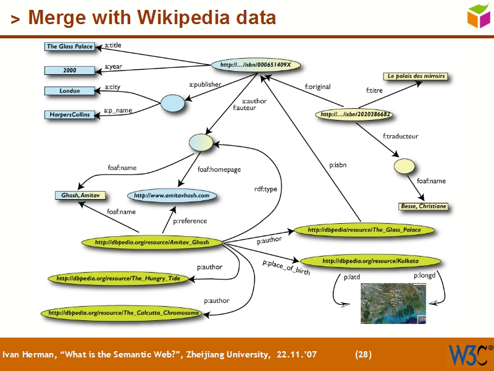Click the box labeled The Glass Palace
click(70, 46)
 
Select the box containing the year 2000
click(70, 70)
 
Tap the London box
click(70, 91)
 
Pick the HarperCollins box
click(70, 114)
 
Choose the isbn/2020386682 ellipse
click(356, 114)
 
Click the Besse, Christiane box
click(423, 206)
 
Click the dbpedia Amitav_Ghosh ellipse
click(152, 242)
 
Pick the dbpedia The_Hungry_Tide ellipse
click(118, 279)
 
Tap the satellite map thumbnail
click(393, 303)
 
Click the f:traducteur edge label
click(400, 136)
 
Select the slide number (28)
click(363, 355)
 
